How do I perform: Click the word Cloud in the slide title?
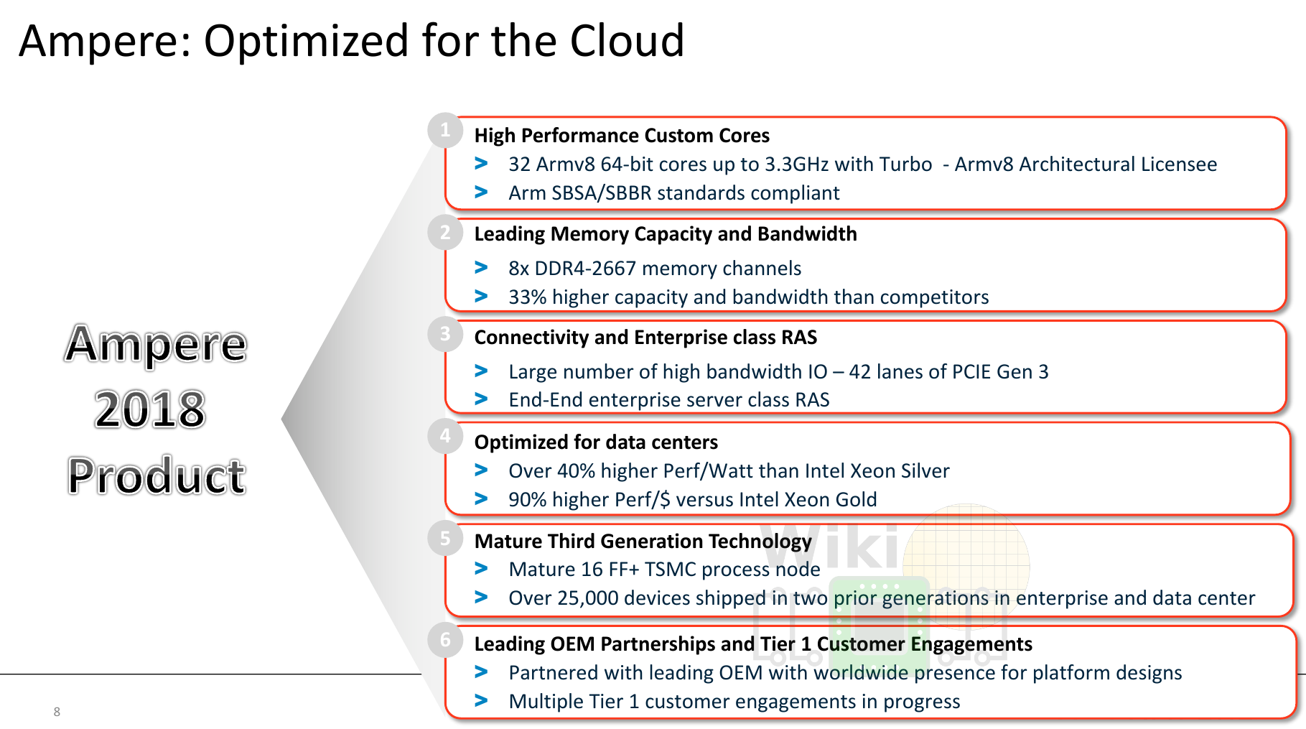click(x=627, y=41)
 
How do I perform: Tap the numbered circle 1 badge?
click(x=445, y=130)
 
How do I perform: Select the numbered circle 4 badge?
click(x=445, y=436)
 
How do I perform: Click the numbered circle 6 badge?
click(x=445, y=640)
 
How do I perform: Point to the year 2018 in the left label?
click(x=150, y=410)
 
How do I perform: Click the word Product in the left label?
click(x=157, y=476)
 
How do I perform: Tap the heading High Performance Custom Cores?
click(x=622, y=136)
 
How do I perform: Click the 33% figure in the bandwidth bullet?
click(x=528, y=297)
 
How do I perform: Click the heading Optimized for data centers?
click(x=596, y=442)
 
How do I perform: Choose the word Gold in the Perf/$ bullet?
click(x=856, y=500)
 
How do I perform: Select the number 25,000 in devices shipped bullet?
click(x=588, y=598)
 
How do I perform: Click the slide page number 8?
click(x=57, y=712)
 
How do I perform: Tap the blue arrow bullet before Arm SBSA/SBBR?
click(x=481, y=192)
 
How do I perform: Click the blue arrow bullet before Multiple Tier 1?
click(x=481, y=700)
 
